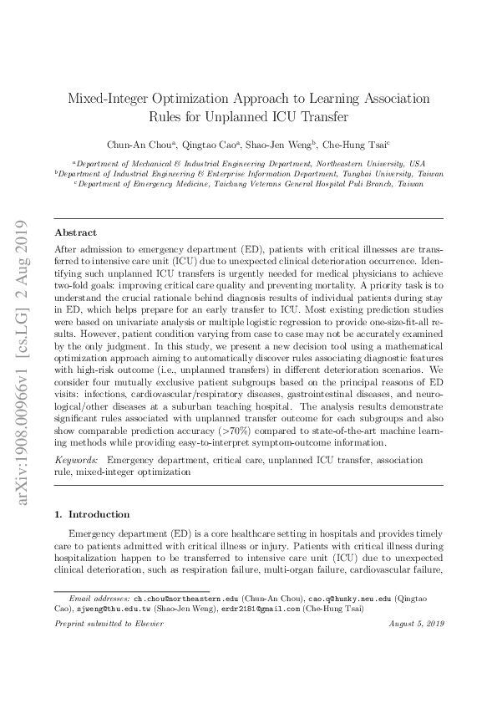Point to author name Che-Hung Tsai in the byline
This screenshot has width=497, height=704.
(x=357, y=144)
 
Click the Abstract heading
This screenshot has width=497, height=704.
(x=75, y=232)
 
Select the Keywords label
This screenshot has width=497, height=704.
(x=75, y=461)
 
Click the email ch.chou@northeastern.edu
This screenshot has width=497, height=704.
(x=186, y=599)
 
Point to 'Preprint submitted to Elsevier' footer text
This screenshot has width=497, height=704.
(x=104, y=625)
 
